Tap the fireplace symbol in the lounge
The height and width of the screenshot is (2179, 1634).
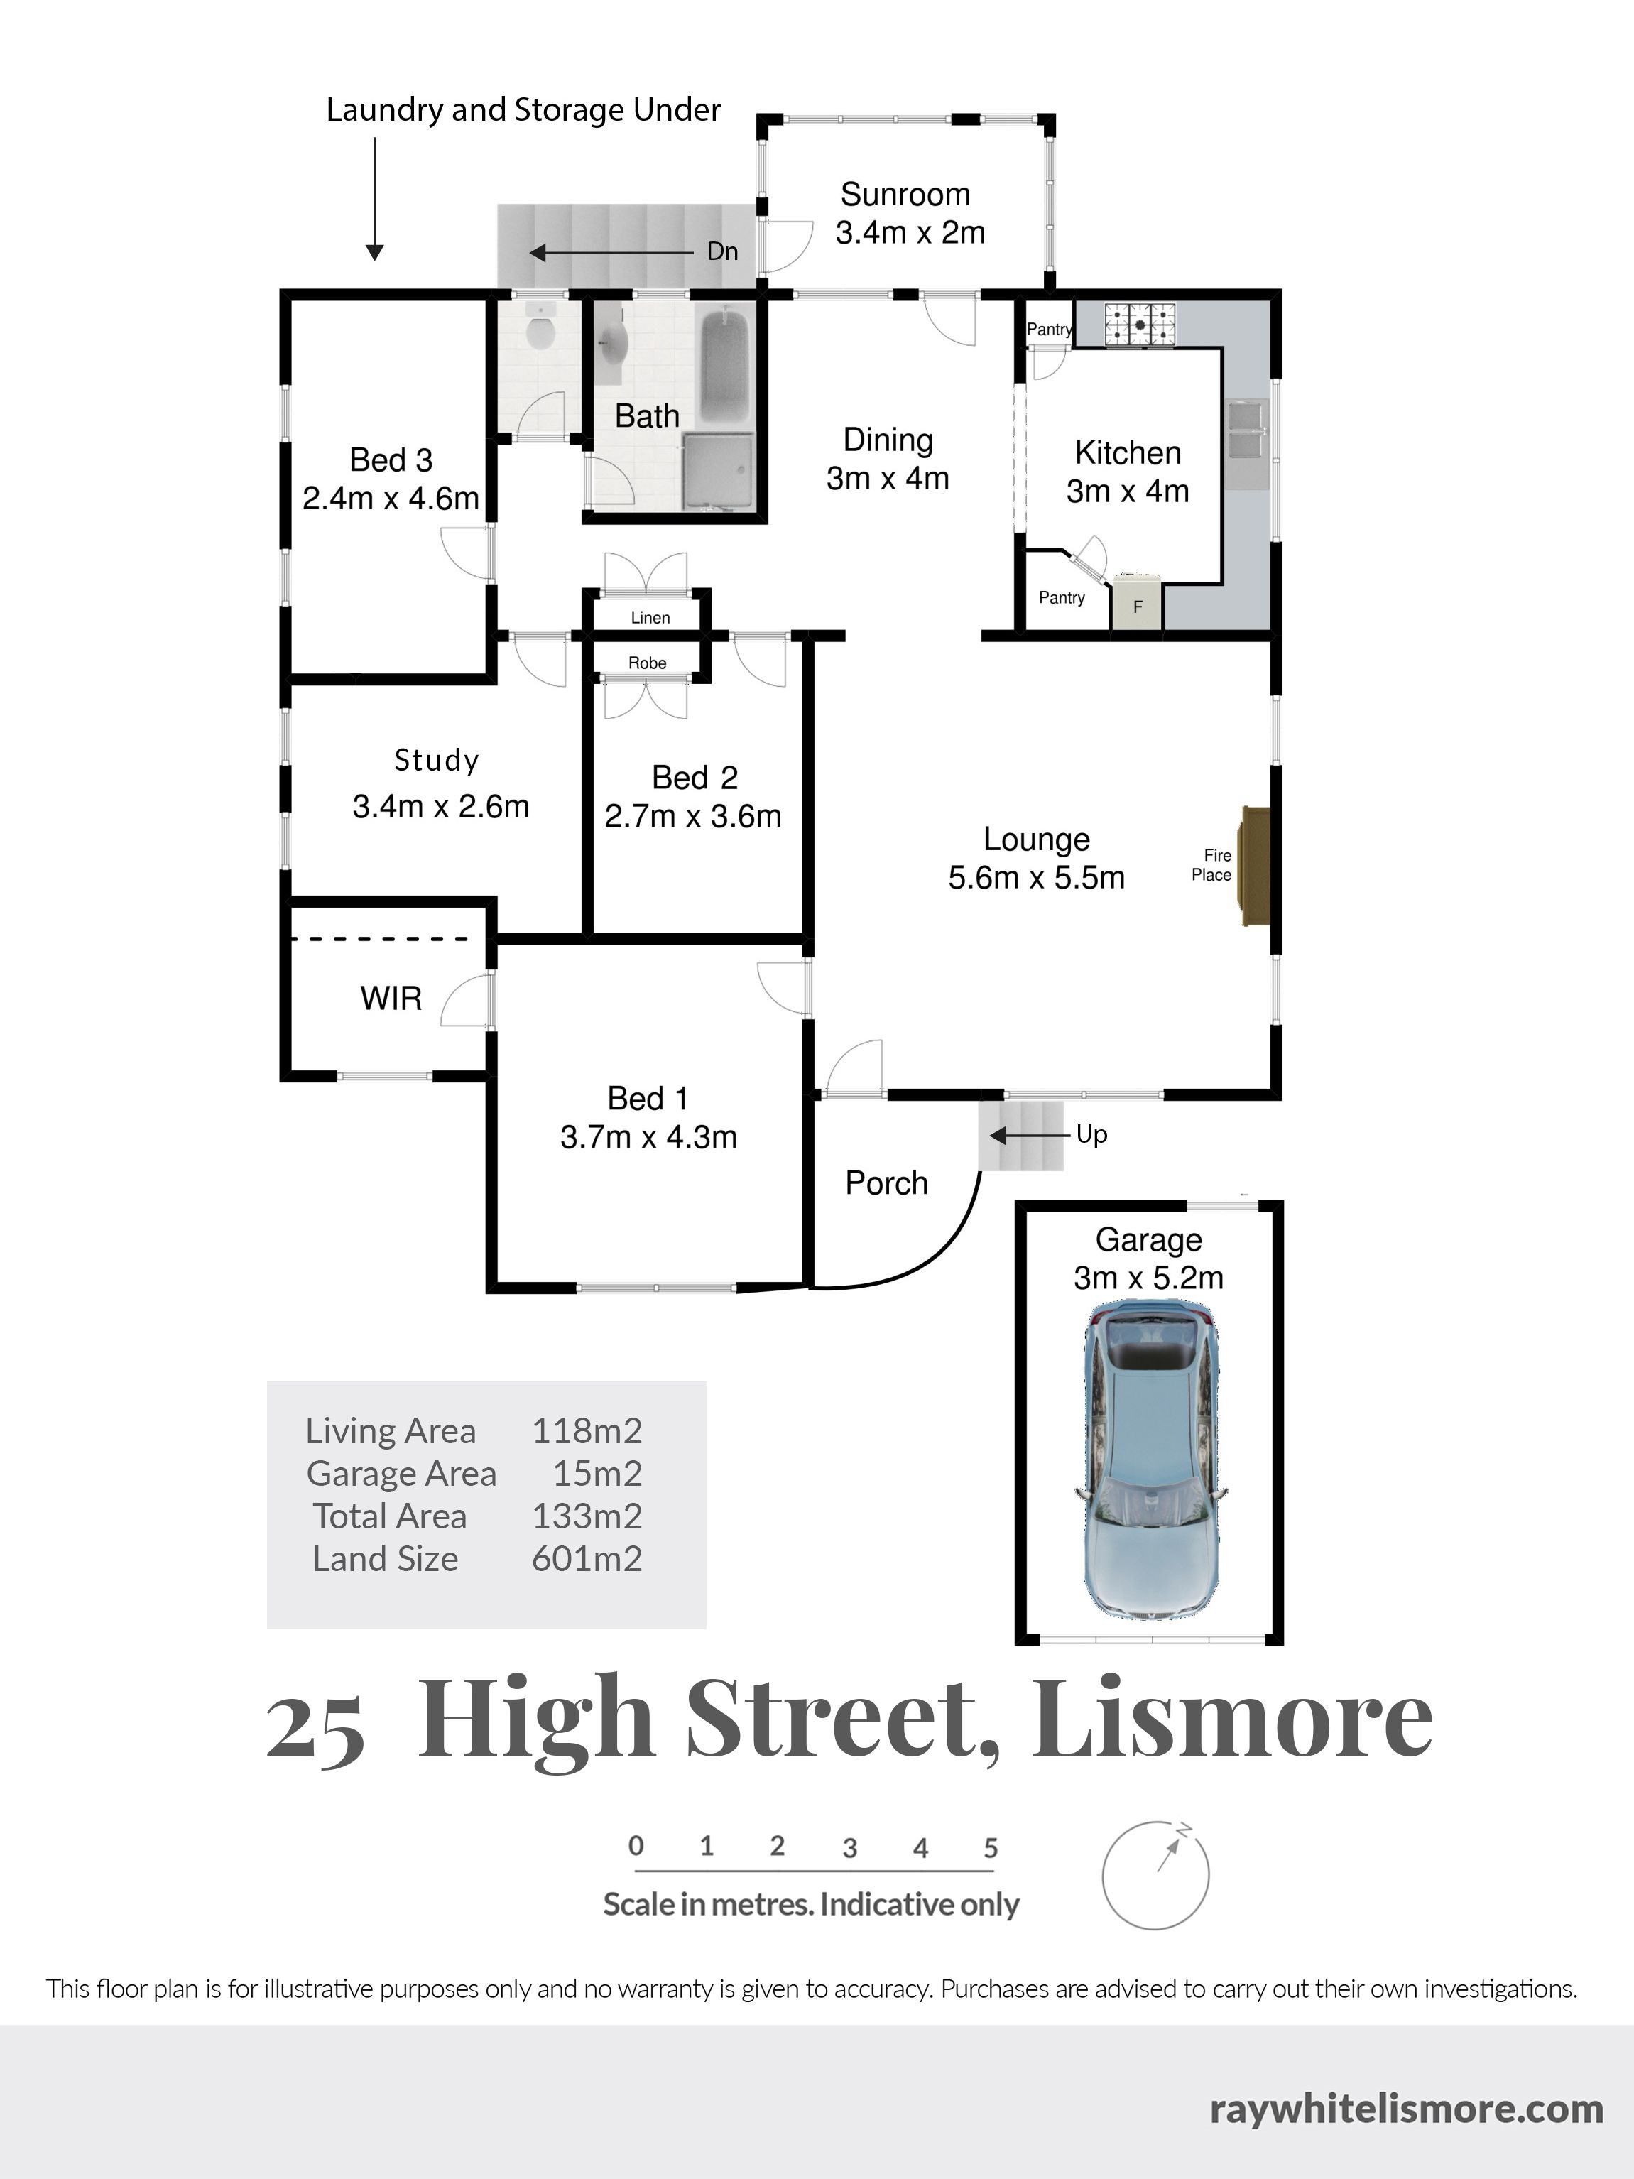(x=1256, y=867)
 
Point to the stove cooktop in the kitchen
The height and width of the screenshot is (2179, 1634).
(x=1140, y=324)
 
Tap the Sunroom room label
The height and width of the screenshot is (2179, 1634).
(x=905, y=194)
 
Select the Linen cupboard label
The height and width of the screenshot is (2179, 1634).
(x=650, y=618)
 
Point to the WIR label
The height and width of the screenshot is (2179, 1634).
(x=391, y=998)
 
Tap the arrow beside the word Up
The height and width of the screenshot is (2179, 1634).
(x=1029, y=1136)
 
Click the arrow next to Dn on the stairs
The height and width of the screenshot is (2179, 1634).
(x=611, y=253)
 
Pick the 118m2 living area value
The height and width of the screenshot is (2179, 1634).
(x=587, y=1430)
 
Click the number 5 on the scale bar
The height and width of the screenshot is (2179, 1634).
(x=991, y=1847)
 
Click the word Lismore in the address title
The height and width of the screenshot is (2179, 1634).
(x=1232, y=1719)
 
